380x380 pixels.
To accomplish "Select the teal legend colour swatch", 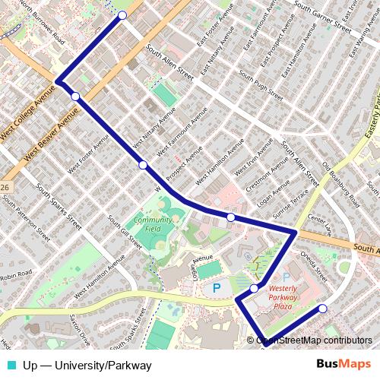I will tap(8, 366).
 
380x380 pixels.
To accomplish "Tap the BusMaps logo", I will tap(347, 365).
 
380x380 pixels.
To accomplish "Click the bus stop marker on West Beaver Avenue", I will tap(75, 96).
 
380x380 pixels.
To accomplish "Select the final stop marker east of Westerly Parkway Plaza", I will tap(323, 309).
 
